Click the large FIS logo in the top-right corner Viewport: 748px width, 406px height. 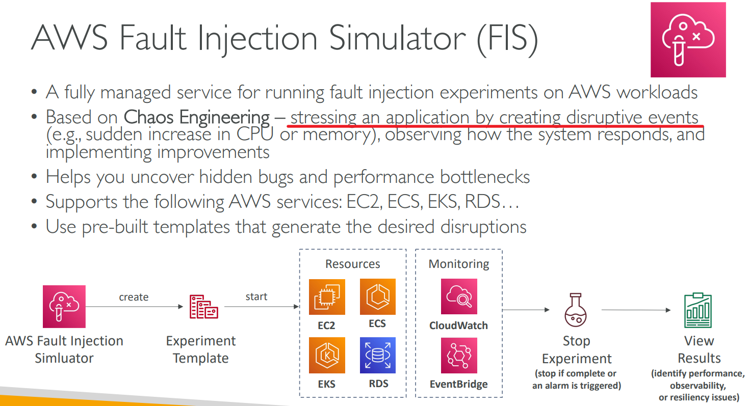[x=688, y=40]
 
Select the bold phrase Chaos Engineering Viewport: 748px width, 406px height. [x=196, y=117]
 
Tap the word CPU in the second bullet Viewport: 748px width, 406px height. [x=255, y=134]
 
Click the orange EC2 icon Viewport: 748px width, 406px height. [x=327, y=297]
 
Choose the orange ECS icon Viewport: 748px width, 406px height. [x=378, y=296]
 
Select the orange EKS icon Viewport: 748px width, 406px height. [x=327, y=355]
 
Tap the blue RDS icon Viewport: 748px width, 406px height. [x=378, y=355]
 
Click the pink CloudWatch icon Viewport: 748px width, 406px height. [x=459, y=296]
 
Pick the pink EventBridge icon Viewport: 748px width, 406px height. [x=459, y=355]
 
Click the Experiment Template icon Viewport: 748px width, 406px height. [x=203, y=307]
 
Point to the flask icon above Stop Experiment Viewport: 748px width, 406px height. [x=575, y=310]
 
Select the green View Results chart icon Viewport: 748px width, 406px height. [x=698, y=310]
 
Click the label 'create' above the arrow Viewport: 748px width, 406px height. [x=134, y=297]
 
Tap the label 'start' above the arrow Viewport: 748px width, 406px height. [x=256, y=296]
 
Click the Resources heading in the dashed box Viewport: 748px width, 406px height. [x=353, y=264]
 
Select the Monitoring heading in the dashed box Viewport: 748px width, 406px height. [x=459, y=264]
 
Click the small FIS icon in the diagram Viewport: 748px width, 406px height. [x=64, y=307]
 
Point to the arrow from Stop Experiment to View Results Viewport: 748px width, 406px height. [x=636, y=310]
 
